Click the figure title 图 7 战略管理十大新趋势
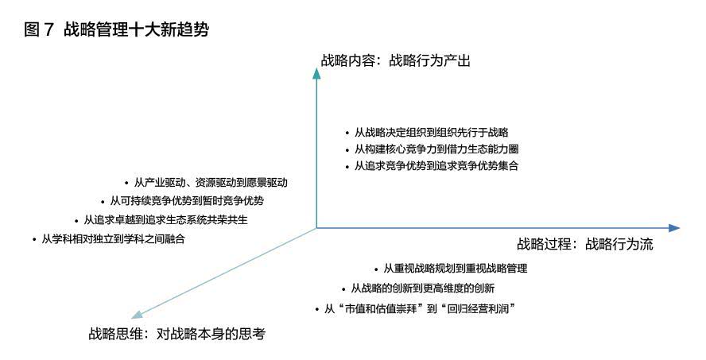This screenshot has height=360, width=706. click(x=117, y=29)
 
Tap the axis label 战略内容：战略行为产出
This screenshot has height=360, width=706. click(x=396, y=60)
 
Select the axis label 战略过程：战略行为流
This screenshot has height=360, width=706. click(x=585, y=244)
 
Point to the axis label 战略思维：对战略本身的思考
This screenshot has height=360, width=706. click(x=177, y=334)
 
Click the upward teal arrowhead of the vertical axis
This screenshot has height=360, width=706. click(x=316, y=73)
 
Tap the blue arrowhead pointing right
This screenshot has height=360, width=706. click(x=674, y=228)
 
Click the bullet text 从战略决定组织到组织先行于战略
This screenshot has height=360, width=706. click(x=432, y=132)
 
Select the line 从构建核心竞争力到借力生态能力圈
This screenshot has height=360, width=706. click(x=436, y=149)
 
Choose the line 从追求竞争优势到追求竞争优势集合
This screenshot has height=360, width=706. click(x=436, y=165)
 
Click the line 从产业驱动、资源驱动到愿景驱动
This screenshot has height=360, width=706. click(x=211, y=183)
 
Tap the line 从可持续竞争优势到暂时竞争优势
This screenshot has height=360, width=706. click(x=187, y=201)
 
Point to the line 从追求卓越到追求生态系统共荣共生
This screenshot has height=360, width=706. click(x=165, y=219)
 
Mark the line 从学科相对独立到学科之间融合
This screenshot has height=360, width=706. click(x=113, y=239)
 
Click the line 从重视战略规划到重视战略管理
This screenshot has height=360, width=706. click(x=456, y=269)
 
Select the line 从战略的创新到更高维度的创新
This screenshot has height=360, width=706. click(x=423, y=288)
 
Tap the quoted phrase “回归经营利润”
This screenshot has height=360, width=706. click(x=479, y=309)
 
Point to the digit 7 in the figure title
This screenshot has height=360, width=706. click(x=49, y=30)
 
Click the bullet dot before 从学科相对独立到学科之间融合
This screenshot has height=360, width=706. click(x=34, y=240)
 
